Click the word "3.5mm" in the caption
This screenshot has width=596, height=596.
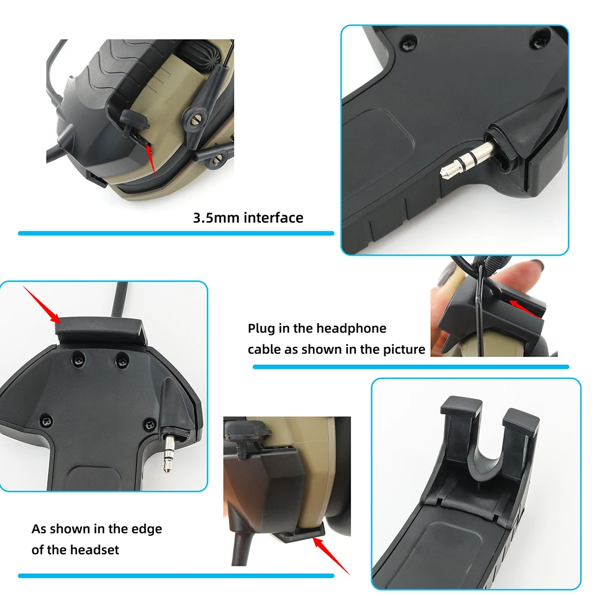[216, 218]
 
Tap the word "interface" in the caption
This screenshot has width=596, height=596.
[274, 218]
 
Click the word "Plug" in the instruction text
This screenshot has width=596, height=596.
[261, 329]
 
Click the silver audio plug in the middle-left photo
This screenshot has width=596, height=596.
[167, 453]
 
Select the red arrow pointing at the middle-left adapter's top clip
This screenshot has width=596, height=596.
[41, 305]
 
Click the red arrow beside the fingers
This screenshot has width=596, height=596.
[524, 309]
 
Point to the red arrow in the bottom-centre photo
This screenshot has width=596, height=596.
[331, 555]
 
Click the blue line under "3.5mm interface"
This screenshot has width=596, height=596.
[176, 234]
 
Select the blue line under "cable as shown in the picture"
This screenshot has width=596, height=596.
[411, 367]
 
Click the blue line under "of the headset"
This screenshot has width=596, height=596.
[176, 576]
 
